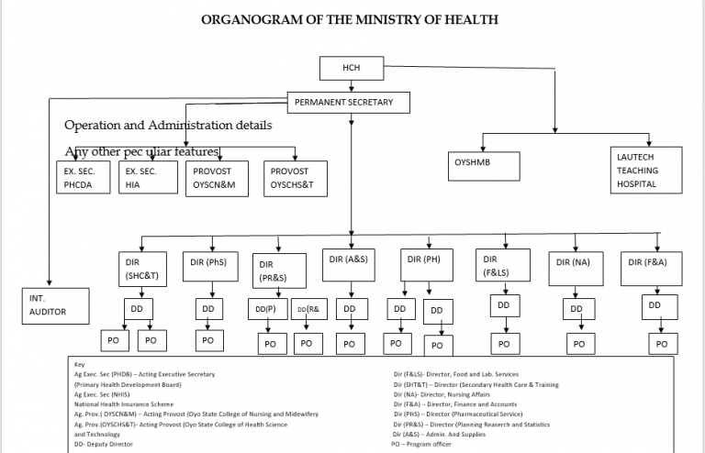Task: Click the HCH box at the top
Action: [x=350, y=69]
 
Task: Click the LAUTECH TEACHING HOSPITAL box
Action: [x=647, y=170]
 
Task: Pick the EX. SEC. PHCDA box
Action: [x=84, y=177]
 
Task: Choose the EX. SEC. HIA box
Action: [x=148, y=177]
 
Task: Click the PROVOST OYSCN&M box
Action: [x=220, y=177]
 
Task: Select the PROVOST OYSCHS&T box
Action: [x=296, y=177]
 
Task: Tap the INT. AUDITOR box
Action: [x=56, y=305]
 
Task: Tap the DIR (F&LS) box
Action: [x=503, y=266]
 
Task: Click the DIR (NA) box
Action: [x=576, y=267]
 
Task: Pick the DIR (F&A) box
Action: [x=651, y=265]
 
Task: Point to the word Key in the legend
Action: [x=80, y=364]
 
